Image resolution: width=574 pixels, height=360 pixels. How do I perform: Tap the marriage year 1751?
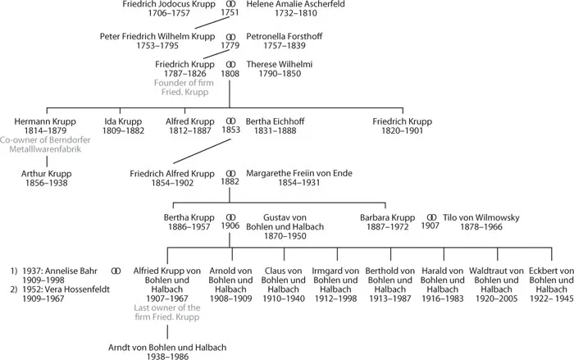point(230,13)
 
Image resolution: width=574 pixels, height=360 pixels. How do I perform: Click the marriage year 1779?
point(230,46)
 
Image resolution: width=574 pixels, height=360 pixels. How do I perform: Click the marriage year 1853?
point(230,130)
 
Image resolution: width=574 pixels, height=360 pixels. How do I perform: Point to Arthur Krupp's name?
point(43,174)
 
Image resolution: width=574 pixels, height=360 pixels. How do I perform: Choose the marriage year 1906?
point(230,226)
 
